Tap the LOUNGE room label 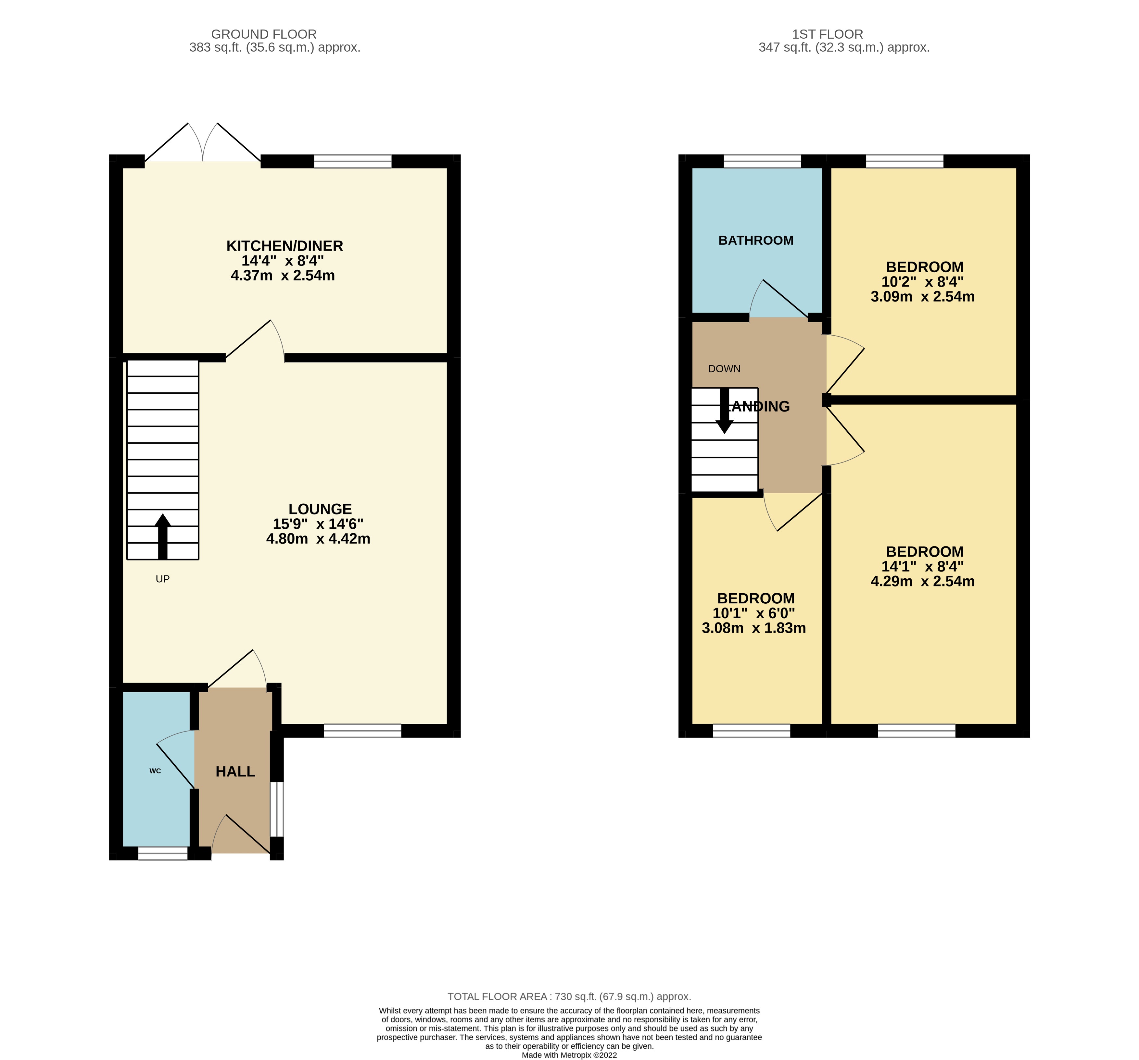[320, 509]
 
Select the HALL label [235, 771]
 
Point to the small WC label [155, 771]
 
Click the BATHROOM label [756, 240]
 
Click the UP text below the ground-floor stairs [163, 579]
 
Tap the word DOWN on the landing [724, 369]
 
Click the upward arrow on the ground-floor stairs [163, 536]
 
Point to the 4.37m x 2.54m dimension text [283, 276]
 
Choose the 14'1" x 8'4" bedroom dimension [922, 566]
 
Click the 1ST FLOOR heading [827, 34]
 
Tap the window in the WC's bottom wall [163, 853]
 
